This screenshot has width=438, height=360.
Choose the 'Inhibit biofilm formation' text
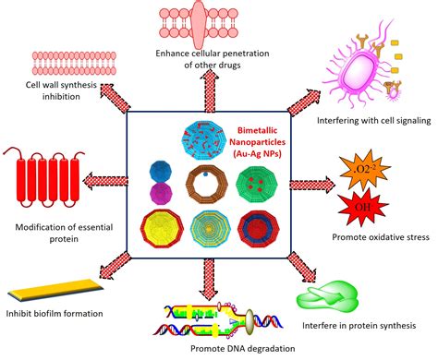52,313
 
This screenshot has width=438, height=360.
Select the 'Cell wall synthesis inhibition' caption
50,91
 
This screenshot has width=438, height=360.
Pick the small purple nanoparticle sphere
160,193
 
